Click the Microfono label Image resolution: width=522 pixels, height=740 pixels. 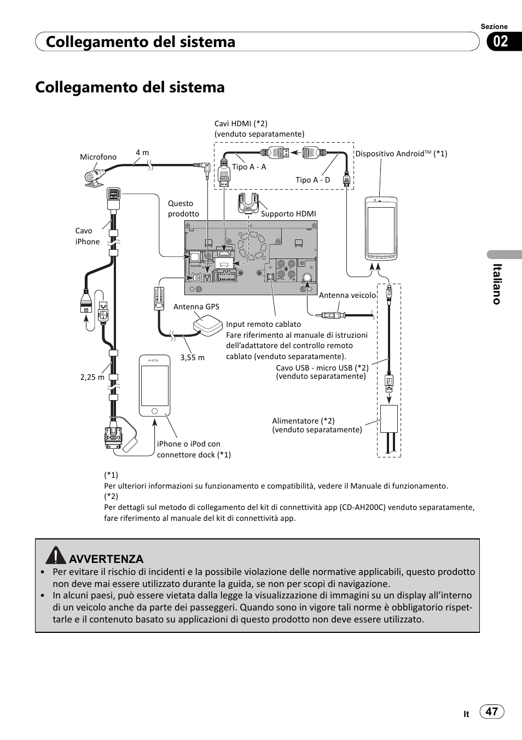tap(98, 157)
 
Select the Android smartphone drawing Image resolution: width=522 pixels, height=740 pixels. tap(381, 228)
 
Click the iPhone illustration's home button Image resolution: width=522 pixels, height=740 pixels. tap(154, 410)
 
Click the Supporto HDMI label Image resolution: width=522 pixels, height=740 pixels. tap(288, 214)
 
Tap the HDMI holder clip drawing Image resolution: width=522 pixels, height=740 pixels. tap(248, 203)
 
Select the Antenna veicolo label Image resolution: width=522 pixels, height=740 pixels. tap(347, 295)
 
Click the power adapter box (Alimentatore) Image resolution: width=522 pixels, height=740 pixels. tap(388, 419)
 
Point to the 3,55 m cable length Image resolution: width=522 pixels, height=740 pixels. tap(192, 357)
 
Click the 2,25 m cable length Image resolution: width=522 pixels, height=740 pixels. tap(92, 377)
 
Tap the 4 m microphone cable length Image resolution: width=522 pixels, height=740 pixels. tap(142, 153)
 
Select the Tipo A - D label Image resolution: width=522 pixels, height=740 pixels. tap(313, 180)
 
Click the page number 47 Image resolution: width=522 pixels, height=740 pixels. tap(492, 711)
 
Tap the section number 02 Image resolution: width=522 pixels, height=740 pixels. tap(501, 42)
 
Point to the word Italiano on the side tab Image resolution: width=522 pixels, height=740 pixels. tap(497, 284)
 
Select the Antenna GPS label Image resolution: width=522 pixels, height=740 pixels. tap(196, 307)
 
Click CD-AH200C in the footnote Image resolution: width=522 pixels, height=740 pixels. tap(363, 507)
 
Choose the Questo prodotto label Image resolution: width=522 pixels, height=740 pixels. tap(183, 208)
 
